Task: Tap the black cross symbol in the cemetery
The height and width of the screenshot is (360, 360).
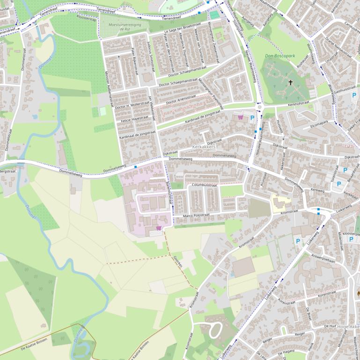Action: coord(291,83)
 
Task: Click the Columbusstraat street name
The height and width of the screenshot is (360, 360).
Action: coord(205,185)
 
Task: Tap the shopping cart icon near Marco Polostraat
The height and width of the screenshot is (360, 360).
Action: coord(159,228)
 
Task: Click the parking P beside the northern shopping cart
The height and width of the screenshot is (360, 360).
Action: coord(252,118)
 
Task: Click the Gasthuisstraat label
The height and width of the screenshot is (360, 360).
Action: coord(339,88)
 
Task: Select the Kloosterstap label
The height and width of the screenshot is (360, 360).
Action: coord(86,19)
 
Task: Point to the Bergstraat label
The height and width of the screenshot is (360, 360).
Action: coord(7,172)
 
